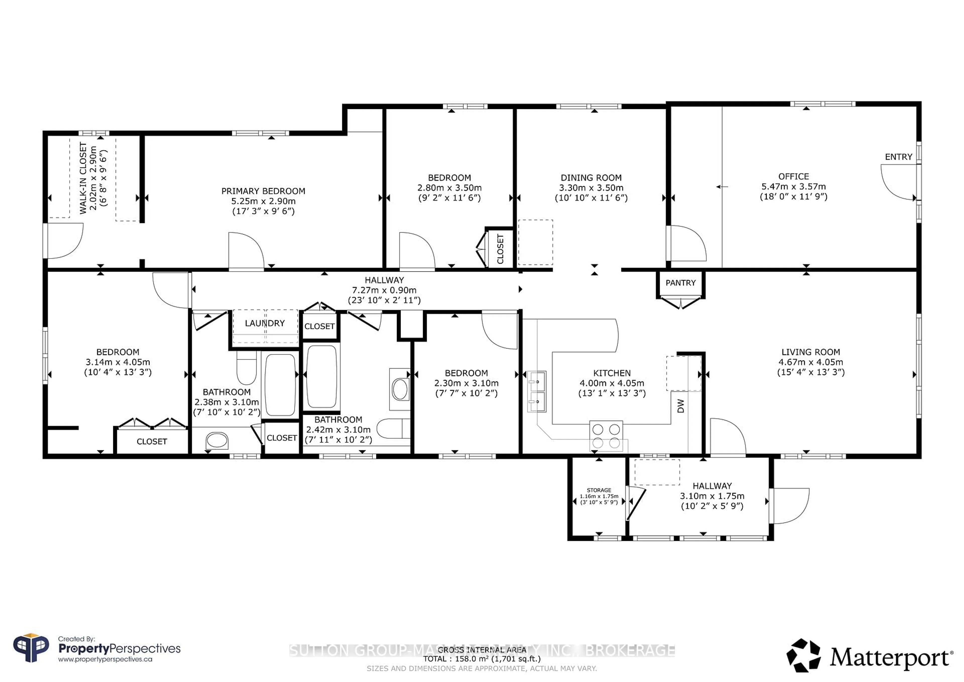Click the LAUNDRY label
tap(265, 323)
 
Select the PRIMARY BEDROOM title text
tap(263, 191)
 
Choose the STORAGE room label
tap(599, 490)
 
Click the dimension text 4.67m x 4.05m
tap(810, 362)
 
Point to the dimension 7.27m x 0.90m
tap(384, 290)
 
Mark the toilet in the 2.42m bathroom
tap(393, 428)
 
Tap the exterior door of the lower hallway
tap(789, 506)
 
